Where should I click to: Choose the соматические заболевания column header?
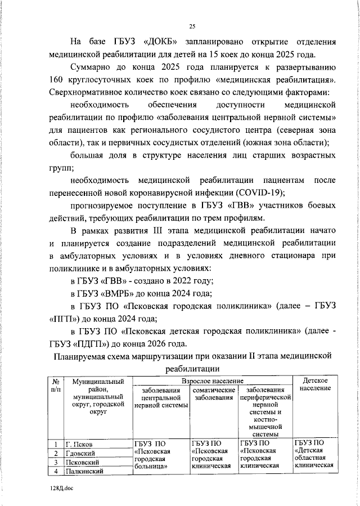(213, 393)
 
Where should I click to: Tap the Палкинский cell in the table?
(87, 472)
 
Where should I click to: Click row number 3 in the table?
(56, 463)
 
